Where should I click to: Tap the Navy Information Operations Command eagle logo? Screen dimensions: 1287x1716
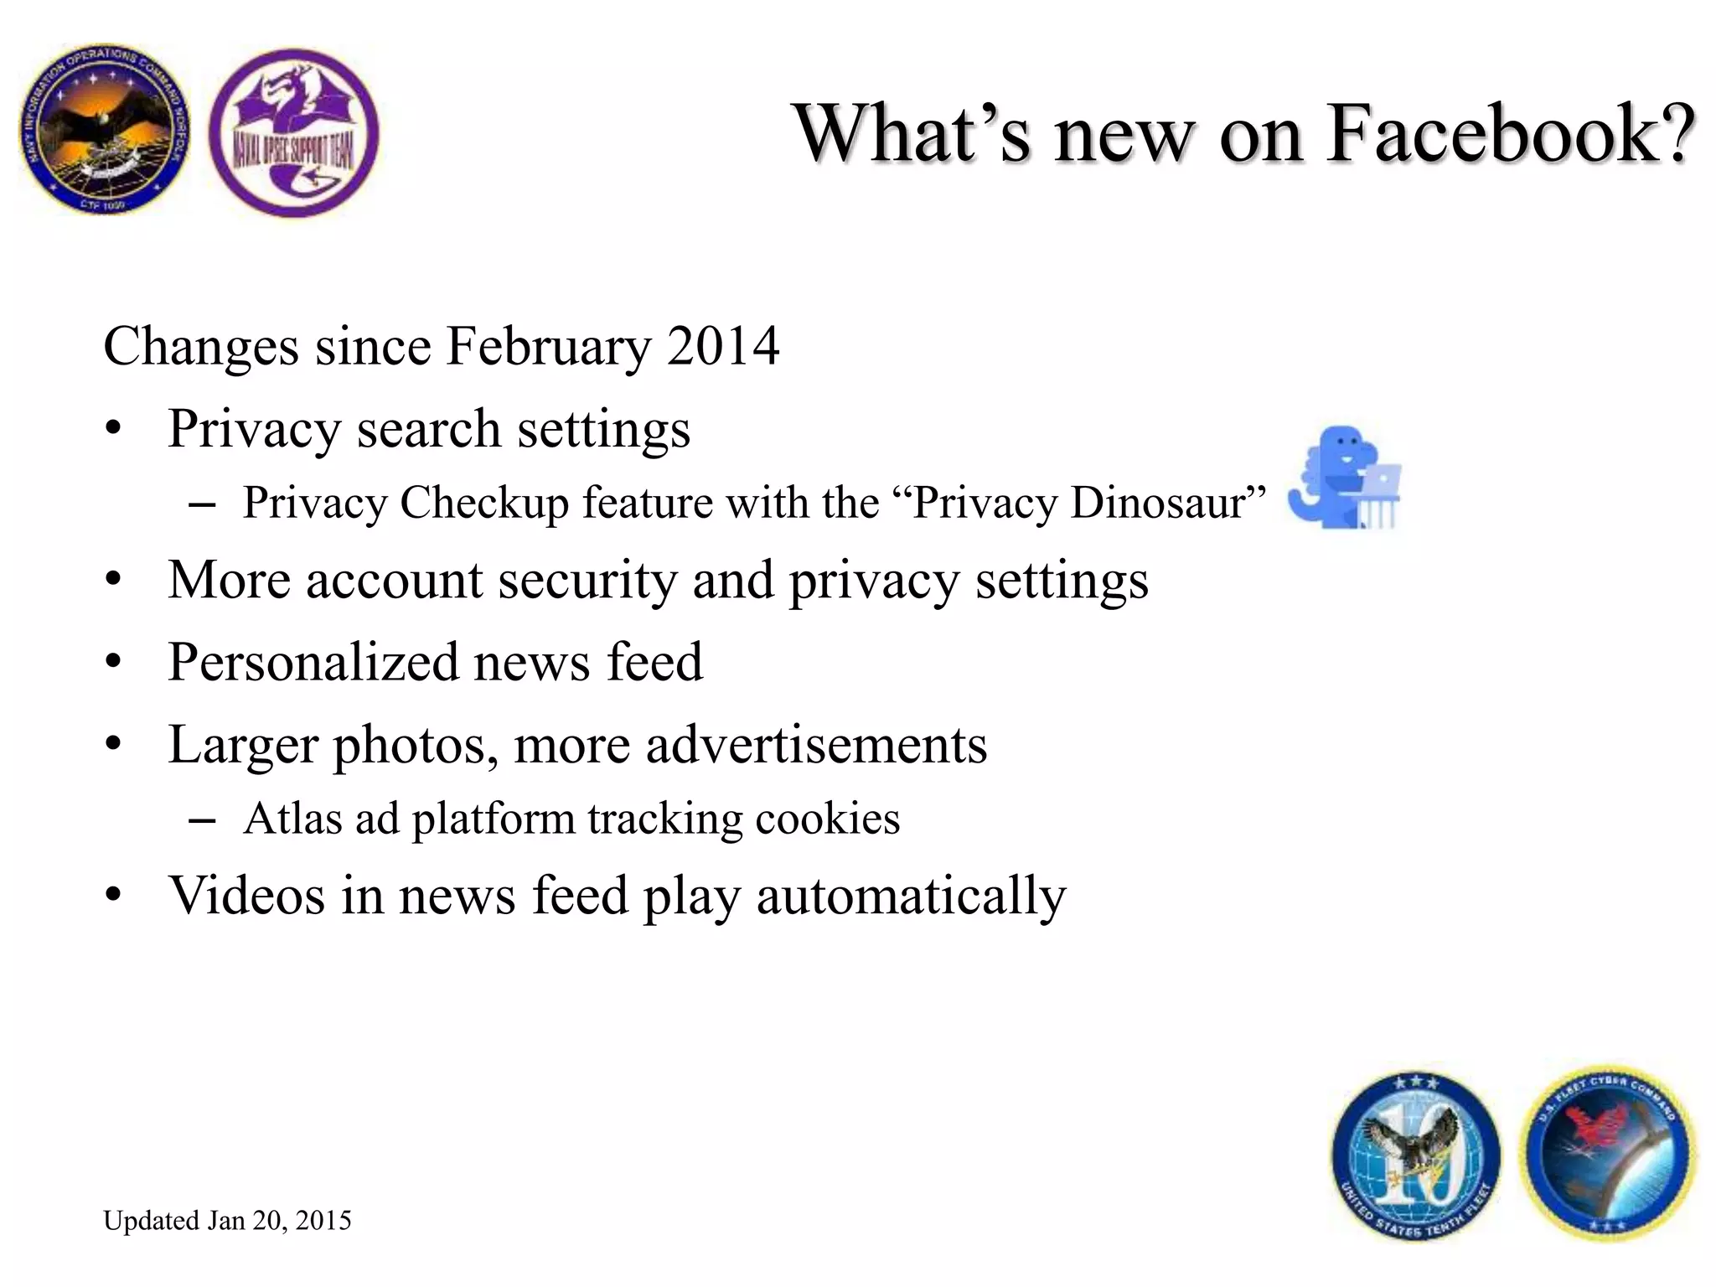point(105,129)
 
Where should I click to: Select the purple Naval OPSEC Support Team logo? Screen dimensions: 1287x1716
point(293,132)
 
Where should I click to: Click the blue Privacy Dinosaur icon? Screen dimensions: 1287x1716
point(1344,478)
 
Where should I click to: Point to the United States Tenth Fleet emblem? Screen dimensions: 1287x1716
point(1415,1156)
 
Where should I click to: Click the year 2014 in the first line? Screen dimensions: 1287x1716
point(723,346)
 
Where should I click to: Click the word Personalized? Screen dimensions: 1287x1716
point(313,663)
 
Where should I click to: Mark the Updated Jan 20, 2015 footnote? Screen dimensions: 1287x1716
point(227,1220)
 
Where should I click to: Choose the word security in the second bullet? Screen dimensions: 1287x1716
point(587,580)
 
